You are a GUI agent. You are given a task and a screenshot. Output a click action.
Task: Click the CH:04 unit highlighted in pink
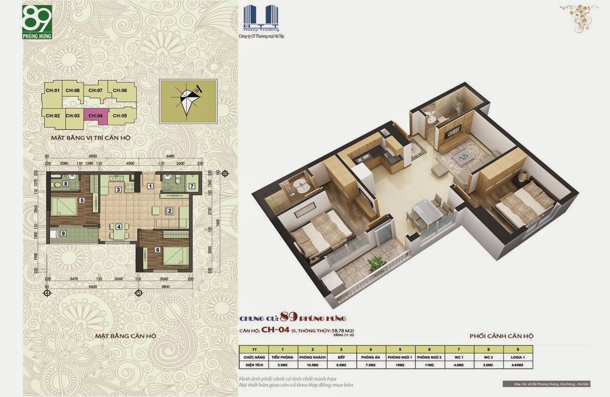pos(96,115)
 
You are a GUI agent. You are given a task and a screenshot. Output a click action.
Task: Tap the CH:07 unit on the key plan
pos(95,91)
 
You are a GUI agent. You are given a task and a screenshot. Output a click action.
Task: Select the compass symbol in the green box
pos(188,101)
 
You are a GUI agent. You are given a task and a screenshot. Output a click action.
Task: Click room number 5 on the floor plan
pos(82,200)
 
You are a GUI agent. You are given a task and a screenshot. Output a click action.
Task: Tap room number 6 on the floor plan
pos(158,250)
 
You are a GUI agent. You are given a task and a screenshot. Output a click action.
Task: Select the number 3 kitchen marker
pos(118,190)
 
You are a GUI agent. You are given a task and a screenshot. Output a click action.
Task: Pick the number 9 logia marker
pos(63,233)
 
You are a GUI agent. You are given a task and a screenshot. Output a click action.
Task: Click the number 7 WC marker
pos(192,187)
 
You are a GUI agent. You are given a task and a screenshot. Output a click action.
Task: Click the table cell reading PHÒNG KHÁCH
pos(312,357)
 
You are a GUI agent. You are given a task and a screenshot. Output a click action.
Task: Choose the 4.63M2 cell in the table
pos(517,365)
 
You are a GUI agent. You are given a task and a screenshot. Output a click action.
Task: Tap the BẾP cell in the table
pos(342,357)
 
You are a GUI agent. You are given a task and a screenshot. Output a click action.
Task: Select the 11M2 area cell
pos(429,365)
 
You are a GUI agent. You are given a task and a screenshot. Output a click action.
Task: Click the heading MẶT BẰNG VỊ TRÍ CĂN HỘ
pos(91,138)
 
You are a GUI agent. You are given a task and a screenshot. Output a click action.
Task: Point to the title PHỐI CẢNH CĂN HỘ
pos(501,336)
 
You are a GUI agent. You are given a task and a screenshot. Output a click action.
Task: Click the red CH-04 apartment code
pos(275,330)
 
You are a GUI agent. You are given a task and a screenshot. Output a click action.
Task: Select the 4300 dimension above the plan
pos(130,163)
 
